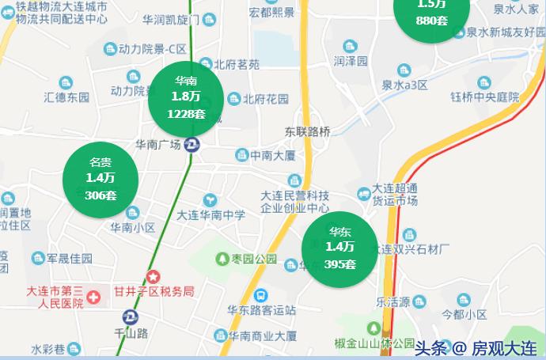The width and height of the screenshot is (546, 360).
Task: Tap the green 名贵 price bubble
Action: tap(100, 180)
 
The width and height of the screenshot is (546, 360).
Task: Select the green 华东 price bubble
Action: tap(340, 248)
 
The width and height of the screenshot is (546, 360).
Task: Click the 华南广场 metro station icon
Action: tap(191, 145)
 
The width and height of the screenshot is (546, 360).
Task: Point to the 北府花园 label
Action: tap(265, 99)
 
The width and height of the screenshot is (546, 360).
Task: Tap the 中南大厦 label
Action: tap(273, 155)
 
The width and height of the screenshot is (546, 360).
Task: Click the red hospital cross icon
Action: tap(94, 298)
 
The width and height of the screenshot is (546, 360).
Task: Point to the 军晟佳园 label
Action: tap(70, 259)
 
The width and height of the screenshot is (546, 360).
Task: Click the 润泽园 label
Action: tap(351, 61)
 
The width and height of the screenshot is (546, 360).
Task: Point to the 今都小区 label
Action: tap(464, 314)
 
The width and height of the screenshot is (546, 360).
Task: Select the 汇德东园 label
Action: tap(66, 98)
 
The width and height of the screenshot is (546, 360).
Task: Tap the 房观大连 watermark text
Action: tap(504, 347)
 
